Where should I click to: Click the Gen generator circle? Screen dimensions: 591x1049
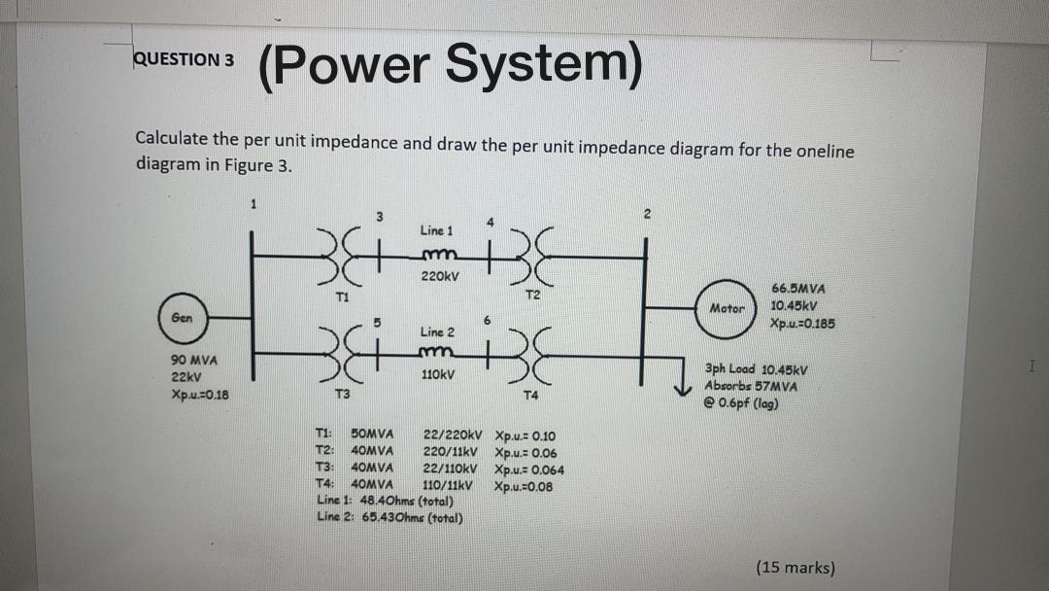point(181,317)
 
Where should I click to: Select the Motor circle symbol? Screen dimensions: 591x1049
point(727,308)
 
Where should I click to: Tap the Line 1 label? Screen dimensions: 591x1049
point(436,230)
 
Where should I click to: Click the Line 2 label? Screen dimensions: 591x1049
point(436,332)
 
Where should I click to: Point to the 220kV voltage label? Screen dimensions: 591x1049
point(440,276)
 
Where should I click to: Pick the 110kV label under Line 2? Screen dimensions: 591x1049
point(440,373)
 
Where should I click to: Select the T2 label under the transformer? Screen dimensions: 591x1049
point(532,294)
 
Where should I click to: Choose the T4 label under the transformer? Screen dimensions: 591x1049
point(530,396)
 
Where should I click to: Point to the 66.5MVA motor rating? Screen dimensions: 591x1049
point(797,289)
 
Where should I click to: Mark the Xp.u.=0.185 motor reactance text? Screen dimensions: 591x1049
point(802,323)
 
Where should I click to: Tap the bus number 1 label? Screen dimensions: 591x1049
point(253,204)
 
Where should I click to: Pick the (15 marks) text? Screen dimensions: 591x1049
point(795,568)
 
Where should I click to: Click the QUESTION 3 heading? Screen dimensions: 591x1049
point(184,59)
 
